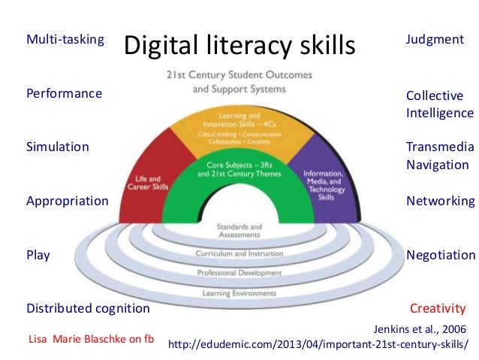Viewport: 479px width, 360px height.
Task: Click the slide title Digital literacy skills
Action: point(239,47)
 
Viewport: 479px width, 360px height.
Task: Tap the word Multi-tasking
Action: point(65,38)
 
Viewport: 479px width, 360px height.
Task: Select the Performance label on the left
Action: point(65,94)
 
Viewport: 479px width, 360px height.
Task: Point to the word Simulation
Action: point(58,147)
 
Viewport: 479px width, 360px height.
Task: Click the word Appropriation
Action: point(68,201)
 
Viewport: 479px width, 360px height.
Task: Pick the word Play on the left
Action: point(38,255)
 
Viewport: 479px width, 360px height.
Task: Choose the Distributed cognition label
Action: point(88,308)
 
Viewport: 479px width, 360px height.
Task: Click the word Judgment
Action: point(435,38)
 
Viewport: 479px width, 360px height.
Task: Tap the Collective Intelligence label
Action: point(439,104)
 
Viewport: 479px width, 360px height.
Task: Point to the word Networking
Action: point(440,201)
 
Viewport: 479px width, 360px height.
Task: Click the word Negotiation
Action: point(440,255)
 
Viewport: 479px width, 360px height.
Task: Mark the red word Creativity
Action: point(438,308)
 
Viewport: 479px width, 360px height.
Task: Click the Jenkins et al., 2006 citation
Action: point(419,328)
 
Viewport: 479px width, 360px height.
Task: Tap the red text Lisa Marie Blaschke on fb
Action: point(90,338)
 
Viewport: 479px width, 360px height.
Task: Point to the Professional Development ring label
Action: point(239,272)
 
